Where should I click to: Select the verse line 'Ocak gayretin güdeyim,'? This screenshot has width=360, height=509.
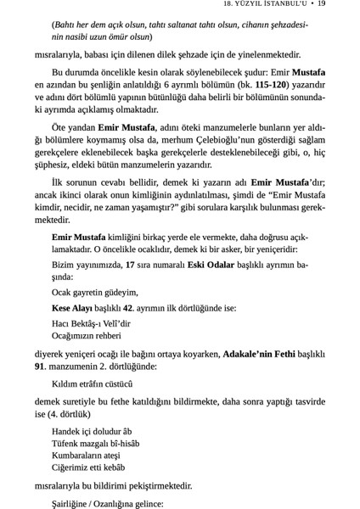point(95,292)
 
